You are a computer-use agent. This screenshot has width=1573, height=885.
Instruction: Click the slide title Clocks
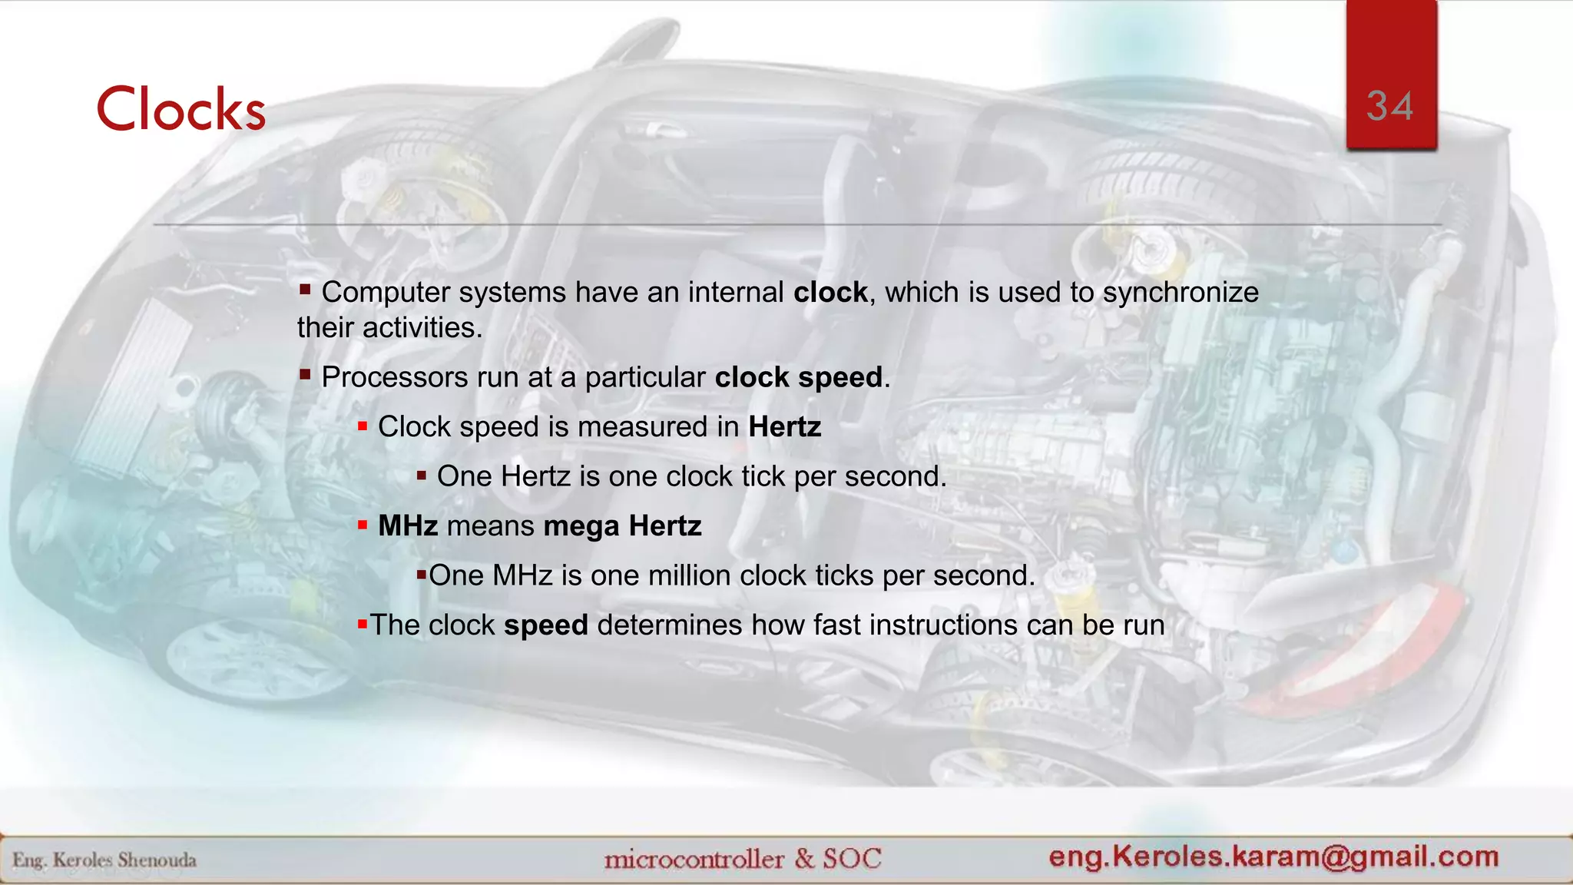point(181,109)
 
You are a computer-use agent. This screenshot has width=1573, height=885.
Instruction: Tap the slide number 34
point(1390,106)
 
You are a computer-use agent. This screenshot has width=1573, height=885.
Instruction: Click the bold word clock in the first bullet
point(830,293)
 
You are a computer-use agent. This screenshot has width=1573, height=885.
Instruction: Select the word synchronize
point(1181,293)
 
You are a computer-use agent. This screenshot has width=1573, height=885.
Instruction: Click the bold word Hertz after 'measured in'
point(784,427)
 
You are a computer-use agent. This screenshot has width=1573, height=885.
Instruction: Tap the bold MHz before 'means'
point(408,526)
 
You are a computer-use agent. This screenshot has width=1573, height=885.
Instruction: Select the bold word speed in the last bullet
point(545,625)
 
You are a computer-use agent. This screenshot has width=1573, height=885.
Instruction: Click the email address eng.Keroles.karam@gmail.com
point(1273,857)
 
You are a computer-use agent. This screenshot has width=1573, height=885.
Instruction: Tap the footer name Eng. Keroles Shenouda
point(104,860)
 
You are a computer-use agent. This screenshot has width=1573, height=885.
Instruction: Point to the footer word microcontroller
point(694,859)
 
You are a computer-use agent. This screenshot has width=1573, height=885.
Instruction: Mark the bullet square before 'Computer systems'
point(305,290)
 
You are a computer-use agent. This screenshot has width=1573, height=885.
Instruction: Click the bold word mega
point(581,527)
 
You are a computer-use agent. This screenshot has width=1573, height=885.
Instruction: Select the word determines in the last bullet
point(670,625)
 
